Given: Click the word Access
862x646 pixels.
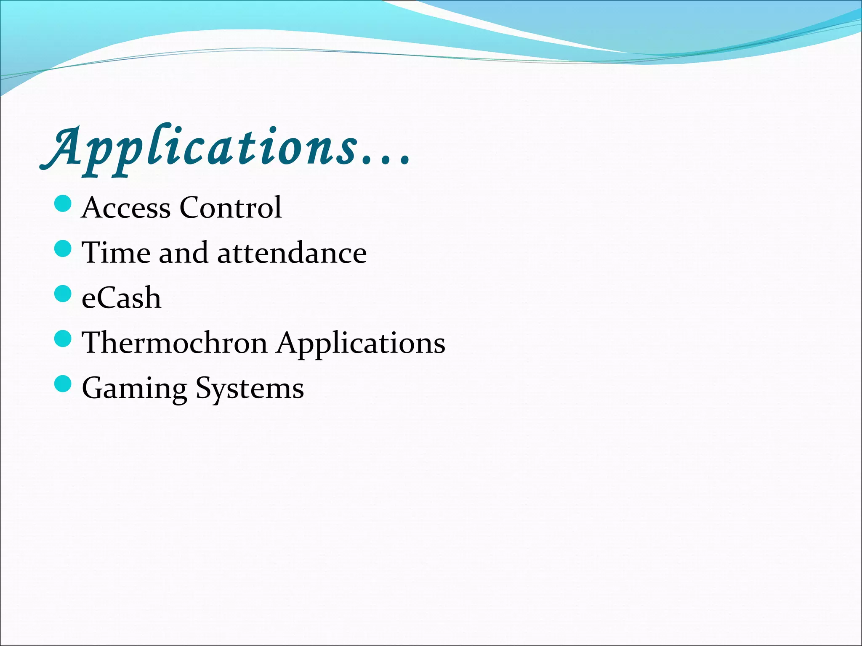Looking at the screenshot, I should point(126,208).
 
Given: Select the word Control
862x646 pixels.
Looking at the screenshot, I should point(230,208).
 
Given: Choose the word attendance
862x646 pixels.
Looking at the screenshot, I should point(292,254).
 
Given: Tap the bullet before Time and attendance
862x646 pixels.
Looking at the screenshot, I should point(64,249).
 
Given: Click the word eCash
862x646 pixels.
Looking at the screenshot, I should point(121,298).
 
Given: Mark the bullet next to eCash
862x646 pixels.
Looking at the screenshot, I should point(64,294).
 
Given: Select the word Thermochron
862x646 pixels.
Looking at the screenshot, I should point(175,343).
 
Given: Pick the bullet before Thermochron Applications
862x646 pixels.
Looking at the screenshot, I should point(64,339).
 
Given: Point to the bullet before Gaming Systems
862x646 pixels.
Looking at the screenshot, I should point(64,384).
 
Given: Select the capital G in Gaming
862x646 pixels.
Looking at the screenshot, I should point(93,388).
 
